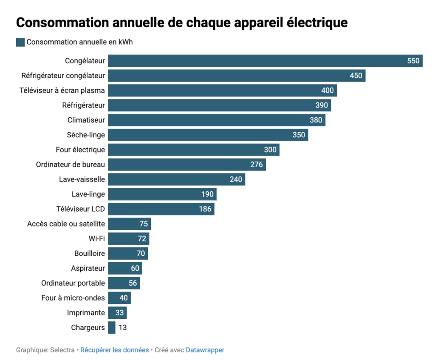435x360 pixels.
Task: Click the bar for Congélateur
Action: tap(255, 61)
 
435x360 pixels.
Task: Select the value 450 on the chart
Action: tap(356, 76)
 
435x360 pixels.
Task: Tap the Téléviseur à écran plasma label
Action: tap(62, 91)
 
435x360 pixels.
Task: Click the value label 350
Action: tap(299, 135)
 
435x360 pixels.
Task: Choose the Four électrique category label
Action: tap(80, 150)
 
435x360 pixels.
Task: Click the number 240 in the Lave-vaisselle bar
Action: tap(236, 179)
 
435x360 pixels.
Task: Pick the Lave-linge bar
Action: tap(161, 194)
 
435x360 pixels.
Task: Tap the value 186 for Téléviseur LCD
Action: tap(205, 209)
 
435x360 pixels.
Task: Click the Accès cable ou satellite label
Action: tap(66, 224)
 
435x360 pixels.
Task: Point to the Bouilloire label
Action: tap(89, 254)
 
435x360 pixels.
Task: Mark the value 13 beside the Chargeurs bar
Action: tap(122, 328)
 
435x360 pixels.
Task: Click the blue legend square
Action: tap(20, 42)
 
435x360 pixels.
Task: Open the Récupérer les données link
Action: tap(114, 350)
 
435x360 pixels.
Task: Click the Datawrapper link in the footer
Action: tap(205, 350)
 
